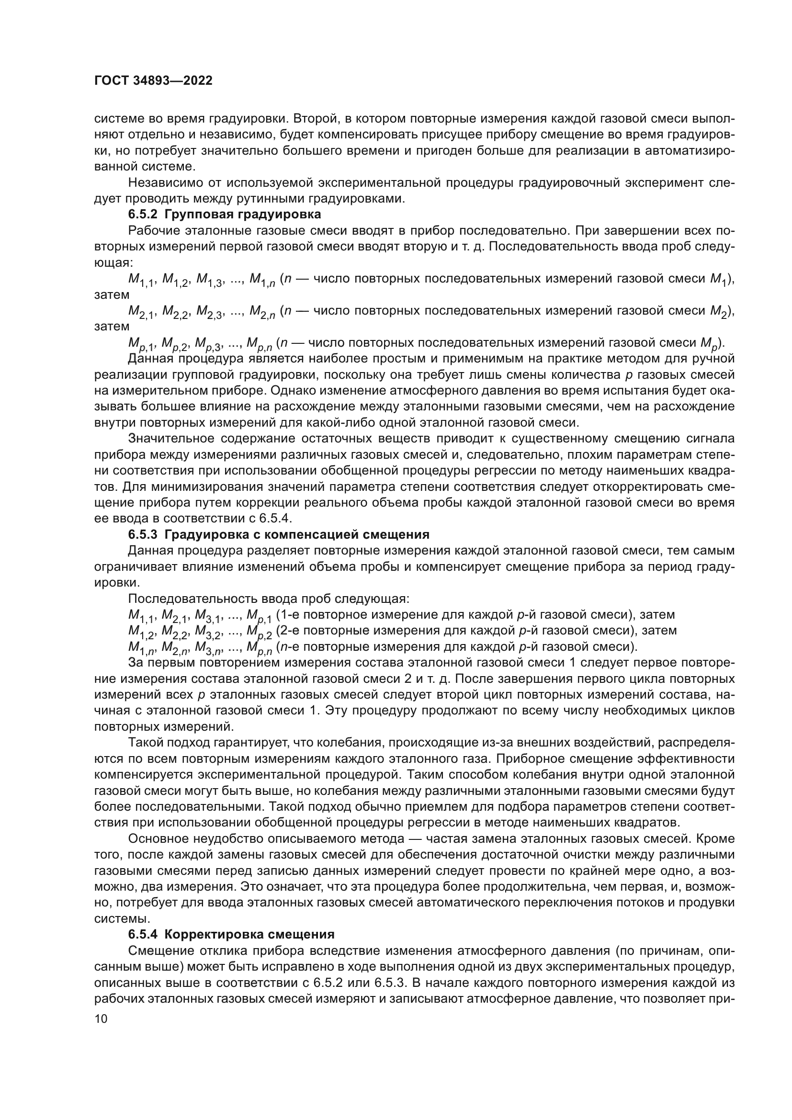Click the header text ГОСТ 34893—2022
(x=153, y=81)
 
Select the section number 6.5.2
(x=143, y=214)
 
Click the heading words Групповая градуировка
(x=243, y=214)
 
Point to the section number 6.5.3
(x=143, y=534)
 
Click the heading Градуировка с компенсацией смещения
(x=297, y=534)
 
